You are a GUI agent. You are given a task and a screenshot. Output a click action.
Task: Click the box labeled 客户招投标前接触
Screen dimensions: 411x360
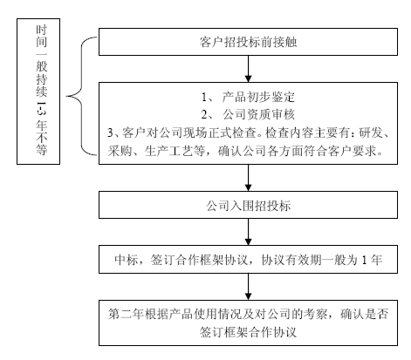coord(248,42)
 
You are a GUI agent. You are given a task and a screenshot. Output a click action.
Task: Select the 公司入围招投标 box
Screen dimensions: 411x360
coord(248,205)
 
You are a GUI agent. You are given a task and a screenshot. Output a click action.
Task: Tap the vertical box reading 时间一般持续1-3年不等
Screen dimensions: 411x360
coord(38,92)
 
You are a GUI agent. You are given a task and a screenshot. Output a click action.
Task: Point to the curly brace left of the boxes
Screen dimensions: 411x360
coord(81,96)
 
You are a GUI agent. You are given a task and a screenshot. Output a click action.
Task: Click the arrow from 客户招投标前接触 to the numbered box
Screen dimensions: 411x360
coord(248,69)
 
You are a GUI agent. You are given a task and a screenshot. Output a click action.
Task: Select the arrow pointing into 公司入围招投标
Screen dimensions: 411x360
coord(248,178)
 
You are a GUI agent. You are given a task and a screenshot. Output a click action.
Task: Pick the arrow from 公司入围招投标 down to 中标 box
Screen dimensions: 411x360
coord(248,232)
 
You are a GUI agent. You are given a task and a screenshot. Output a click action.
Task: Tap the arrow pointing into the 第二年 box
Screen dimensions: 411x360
coord(248,287)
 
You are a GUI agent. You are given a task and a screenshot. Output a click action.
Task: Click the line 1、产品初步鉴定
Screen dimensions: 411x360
coord(248,97)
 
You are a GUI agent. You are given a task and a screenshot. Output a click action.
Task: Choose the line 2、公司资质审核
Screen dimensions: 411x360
coord(248,114)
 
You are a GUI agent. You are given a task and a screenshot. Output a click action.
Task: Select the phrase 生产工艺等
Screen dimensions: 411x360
coord(175,151)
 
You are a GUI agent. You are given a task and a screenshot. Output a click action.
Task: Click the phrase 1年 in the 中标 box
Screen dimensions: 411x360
coord(372,260)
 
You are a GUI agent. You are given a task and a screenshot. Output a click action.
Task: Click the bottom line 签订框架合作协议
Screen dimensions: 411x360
coord(248,332)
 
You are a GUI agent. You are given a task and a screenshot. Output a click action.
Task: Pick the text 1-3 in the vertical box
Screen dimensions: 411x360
coord(41,109)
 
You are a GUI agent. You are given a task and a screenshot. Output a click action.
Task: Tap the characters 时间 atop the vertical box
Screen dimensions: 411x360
coord(41,37)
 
